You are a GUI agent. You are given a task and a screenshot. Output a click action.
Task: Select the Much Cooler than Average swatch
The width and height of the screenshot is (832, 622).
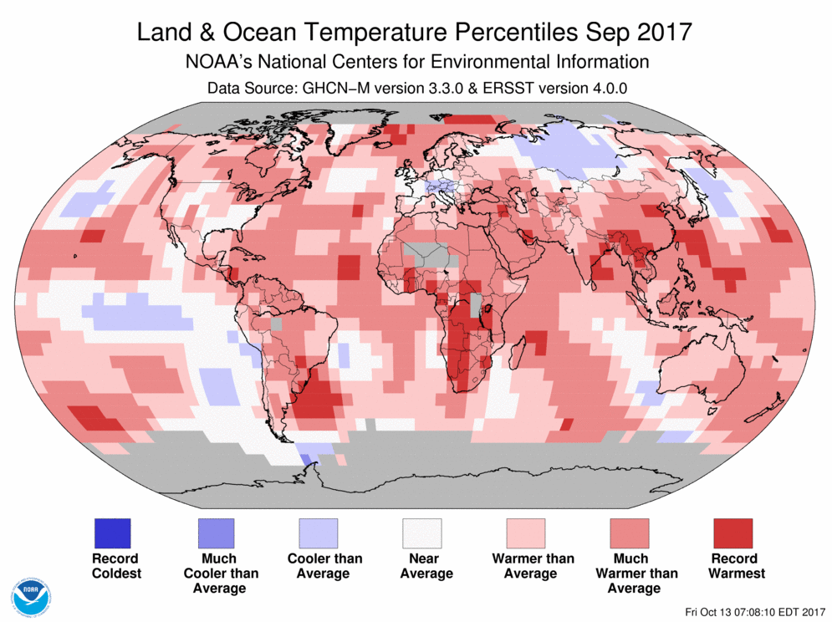(215, 533)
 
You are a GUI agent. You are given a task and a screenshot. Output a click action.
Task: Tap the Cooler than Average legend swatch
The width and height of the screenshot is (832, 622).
(319, 533)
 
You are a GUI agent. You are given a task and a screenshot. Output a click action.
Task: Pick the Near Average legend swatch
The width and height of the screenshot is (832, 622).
(422, 533)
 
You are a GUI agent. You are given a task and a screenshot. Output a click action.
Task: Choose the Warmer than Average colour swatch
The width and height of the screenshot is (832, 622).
(526, 533)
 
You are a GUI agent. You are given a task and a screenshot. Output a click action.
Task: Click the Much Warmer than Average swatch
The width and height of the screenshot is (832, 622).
(630, 533)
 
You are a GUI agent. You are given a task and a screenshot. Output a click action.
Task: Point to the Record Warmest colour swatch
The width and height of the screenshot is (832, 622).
(732, 533)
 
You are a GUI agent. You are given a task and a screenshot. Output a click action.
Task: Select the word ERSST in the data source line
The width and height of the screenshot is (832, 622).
(508, 88)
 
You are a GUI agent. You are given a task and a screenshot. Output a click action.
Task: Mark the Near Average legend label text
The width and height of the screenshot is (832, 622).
(426, 566)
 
